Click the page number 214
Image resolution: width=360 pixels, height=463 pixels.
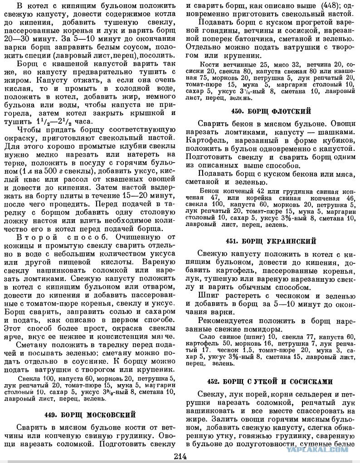[x=180, y=456]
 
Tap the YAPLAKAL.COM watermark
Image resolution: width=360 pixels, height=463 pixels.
[x=321, y=450]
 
